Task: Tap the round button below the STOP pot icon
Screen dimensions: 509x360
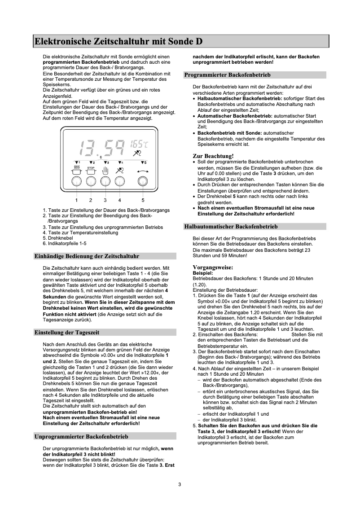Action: [91, 181]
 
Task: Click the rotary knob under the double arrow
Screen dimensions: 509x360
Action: [143, 181]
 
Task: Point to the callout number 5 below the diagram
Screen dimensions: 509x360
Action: [143, 200]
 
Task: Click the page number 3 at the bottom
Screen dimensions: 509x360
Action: [180, 484]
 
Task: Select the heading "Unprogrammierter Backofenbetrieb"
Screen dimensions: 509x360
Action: [81, 436]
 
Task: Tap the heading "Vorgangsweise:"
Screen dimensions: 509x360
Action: [213, 268]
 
